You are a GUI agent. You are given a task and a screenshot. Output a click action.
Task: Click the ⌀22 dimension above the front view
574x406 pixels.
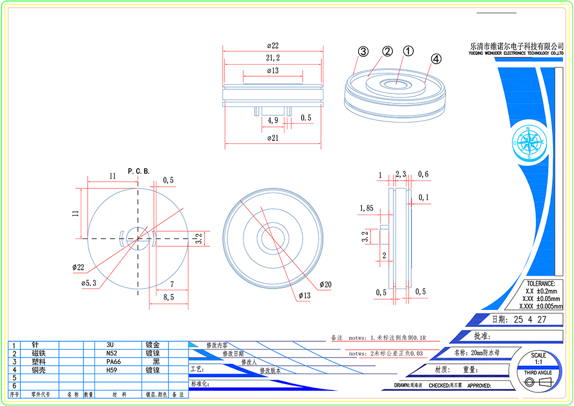272,46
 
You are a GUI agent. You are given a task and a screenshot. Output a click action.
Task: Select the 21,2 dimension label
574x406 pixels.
272,57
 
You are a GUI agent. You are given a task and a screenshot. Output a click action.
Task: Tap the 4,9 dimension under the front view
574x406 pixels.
272,120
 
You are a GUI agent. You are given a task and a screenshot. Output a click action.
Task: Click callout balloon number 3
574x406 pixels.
363,51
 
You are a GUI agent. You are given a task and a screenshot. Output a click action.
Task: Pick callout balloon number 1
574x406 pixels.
408,51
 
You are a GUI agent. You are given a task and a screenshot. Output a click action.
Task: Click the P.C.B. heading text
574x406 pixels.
139,171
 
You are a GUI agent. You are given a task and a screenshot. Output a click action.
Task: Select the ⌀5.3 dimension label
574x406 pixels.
89,282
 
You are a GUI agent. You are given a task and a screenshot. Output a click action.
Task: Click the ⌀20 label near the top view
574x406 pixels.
325,284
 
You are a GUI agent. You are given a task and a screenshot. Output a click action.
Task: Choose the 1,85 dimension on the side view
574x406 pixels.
366,208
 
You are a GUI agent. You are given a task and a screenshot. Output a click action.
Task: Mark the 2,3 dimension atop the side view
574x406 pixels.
401,174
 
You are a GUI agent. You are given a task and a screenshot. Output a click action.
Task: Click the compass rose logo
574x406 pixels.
529,142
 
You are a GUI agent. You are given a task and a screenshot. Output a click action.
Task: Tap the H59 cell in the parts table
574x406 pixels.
112,370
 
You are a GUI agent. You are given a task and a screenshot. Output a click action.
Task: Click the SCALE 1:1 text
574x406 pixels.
539,359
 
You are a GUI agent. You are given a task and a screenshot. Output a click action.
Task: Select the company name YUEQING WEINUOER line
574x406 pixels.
516,53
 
